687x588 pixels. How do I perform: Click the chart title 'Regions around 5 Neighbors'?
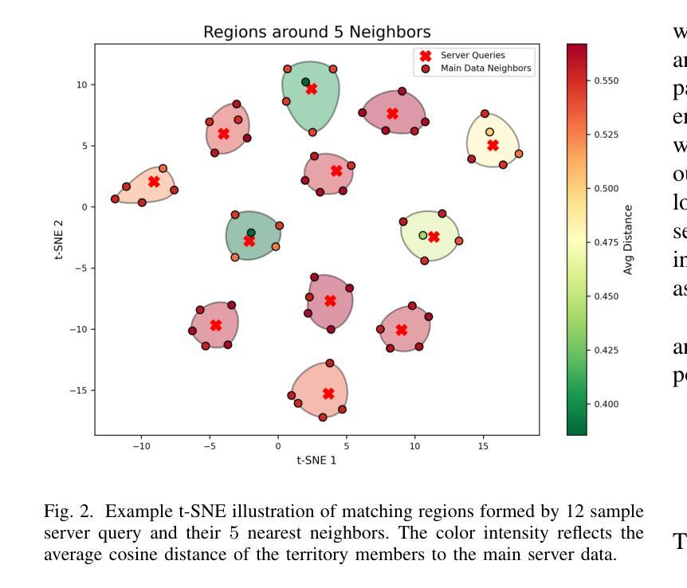(316, 33)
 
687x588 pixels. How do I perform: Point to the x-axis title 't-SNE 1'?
(316, 460)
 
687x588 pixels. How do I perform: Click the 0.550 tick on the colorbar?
(606, 81)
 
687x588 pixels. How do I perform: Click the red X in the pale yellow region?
(493, 146)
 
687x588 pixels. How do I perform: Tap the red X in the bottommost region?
(328, 394)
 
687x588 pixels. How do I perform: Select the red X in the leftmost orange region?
(154, 182)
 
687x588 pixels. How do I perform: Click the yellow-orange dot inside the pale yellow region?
(489, 132)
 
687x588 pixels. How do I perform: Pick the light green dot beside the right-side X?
(423, 235)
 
